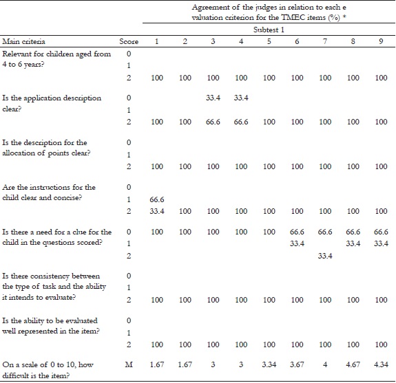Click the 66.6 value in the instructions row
coord(157,199)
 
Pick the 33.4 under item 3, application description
coord(213,98)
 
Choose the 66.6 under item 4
coord(241,121)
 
